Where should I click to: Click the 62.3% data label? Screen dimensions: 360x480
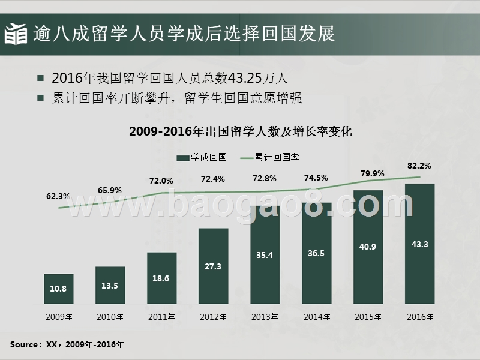pyautogui.click(x=58, y=196)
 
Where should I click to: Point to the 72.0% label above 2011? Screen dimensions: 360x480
pyautogui.click(x=161, y=181)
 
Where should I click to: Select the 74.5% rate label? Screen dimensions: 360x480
pyautogui.click(x=316, y=178)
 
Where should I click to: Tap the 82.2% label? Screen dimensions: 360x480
pyautogui.click(x=419, y=165)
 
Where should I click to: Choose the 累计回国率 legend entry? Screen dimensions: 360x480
pyautogui.click(x=270, y=157)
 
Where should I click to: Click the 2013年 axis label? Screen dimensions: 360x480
pyautogui.click(x=265, y=316)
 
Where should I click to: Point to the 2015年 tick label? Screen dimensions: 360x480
pyautogui.click(x=368, y=316)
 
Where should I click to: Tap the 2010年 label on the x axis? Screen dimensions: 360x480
pyautogui.click(x=110, y=316)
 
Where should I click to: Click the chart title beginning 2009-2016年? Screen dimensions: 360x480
pyautogui.click(x=240, y=131)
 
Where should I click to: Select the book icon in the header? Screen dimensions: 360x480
pyautogui.click(x=16, y=34)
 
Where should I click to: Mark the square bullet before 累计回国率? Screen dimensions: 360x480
pyautogui.click(x=40, y=98)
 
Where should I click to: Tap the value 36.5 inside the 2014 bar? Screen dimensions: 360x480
pyautogui.click(x=316, y=253)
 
